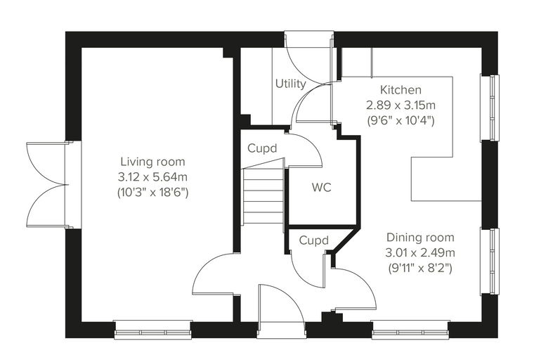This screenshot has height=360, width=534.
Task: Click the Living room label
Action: [x=153, y=162]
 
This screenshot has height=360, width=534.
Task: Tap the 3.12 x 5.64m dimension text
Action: [x=152, y=177]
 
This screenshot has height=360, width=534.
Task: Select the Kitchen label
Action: [x=400, y=90]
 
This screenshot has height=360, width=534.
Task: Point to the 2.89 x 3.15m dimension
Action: [x=400, y=105]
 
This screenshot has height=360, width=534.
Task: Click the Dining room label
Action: [x=420, y=238]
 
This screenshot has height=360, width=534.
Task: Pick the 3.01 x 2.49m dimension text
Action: [x=420, y=253]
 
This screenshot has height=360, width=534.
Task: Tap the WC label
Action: [x=322, y=187]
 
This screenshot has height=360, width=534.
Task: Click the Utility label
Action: [x=290, y=84]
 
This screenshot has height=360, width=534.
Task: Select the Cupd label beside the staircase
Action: [x=262, y=148]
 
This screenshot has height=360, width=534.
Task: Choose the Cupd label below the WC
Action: [x=313, y=240]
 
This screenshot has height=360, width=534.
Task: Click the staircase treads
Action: [x=263, y=196]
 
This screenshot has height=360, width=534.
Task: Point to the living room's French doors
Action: [x=48, y=185]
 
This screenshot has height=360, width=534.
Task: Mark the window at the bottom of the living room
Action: [x=153, y=330]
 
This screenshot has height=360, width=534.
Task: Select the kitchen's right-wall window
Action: [x=490, y=108]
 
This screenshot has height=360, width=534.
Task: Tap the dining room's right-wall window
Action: [x=490, y=262]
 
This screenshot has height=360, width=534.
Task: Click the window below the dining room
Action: [x=410, y=330]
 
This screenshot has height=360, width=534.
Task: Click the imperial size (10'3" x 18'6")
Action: [x=152, y=193]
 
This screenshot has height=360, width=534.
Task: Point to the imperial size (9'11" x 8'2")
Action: [x=420, y=269]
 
